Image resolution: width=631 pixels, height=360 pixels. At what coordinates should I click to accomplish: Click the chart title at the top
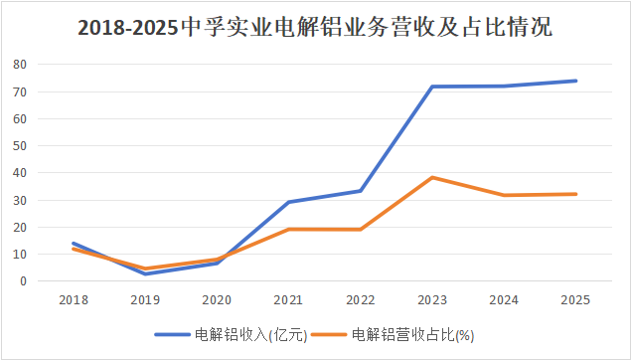[315, 28]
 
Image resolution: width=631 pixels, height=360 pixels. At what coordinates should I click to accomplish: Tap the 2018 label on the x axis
[74, 300]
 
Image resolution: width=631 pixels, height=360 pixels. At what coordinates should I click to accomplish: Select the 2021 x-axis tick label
[288, 300]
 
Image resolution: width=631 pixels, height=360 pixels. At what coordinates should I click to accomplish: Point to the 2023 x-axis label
[432, 300]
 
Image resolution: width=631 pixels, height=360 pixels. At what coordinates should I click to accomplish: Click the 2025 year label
[575, 300]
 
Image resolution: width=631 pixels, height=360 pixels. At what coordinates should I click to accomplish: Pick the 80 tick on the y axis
[20, 65]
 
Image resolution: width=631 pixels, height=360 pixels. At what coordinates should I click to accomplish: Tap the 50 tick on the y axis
[20, 146]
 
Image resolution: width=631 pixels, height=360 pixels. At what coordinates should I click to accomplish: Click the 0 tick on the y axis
[23, 281]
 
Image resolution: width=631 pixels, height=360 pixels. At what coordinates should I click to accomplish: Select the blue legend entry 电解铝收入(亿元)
[231, 334]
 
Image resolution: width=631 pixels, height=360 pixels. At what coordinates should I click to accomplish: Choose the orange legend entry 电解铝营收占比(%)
[394, 334]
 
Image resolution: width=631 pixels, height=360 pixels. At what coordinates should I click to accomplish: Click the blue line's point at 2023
[432, 87]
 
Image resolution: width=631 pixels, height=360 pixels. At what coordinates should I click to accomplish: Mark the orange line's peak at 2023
[432, 178]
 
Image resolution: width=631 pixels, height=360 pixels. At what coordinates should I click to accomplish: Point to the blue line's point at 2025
[575, 81]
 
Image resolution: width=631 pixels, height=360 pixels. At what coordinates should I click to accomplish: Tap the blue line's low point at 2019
[145, 273]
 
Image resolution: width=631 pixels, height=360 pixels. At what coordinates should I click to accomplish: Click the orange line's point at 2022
[361, 230]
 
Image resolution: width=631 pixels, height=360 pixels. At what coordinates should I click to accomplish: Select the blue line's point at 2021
[289, 202]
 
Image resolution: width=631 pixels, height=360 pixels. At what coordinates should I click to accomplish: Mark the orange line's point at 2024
[504, 195]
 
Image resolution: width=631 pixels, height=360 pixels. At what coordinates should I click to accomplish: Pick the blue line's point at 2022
[361, 191]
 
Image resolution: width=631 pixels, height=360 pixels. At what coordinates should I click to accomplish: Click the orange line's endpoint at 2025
[575, 194]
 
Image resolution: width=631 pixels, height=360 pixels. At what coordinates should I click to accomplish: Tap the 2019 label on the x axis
[145, 300]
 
